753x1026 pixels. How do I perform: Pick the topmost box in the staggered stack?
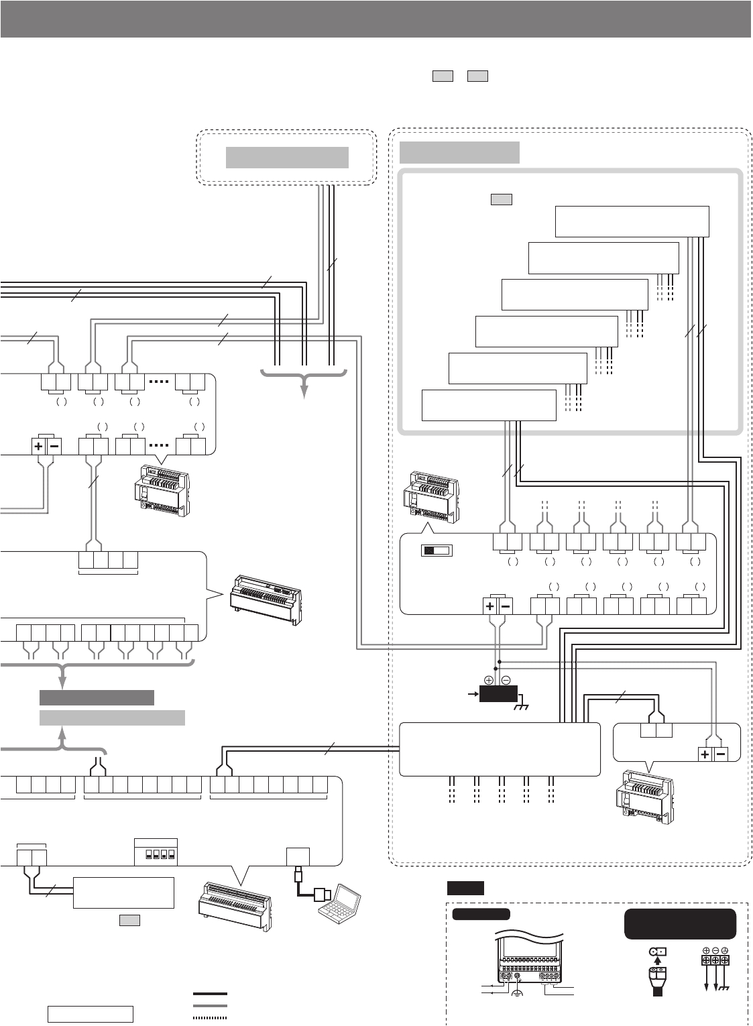632,221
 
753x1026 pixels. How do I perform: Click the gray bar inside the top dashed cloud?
287,158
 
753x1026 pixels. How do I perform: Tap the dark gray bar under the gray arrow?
97,697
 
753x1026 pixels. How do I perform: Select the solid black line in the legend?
210,994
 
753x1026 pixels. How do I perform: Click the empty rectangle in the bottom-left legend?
90,1014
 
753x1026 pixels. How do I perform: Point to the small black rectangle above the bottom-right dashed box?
465,889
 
